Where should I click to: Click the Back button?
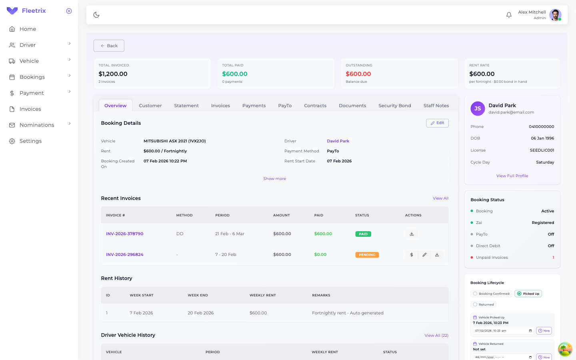[109, 46]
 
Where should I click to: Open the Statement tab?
[186, 106]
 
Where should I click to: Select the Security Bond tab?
[394, 106]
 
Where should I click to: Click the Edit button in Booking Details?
[437, 123]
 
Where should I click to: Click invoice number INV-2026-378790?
[124, 234]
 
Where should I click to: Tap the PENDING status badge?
[367, 255]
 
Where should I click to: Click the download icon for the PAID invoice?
[412, 234]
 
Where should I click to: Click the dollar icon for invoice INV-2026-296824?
[412, 255]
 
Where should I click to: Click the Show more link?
[274, 179]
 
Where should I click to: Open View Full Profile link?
[512, 176]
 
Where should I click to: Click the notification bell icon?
[509, 15]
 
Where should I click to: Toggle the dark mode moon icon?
[96, 15]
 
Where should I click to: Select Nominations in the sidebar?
[37, 125]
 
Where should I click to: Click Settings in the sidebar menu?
[30, 141]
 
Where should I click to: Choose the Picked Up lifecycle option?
[528, 294]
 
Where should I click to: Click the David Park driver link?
[338, 141]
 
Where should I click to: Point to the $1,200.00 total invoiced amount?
[113, 74]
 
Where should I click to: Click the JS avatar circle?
[478, 108]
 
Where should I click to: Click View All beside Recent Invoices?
[440, 198]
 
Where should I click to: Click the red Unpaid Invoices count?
[553, 258]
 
